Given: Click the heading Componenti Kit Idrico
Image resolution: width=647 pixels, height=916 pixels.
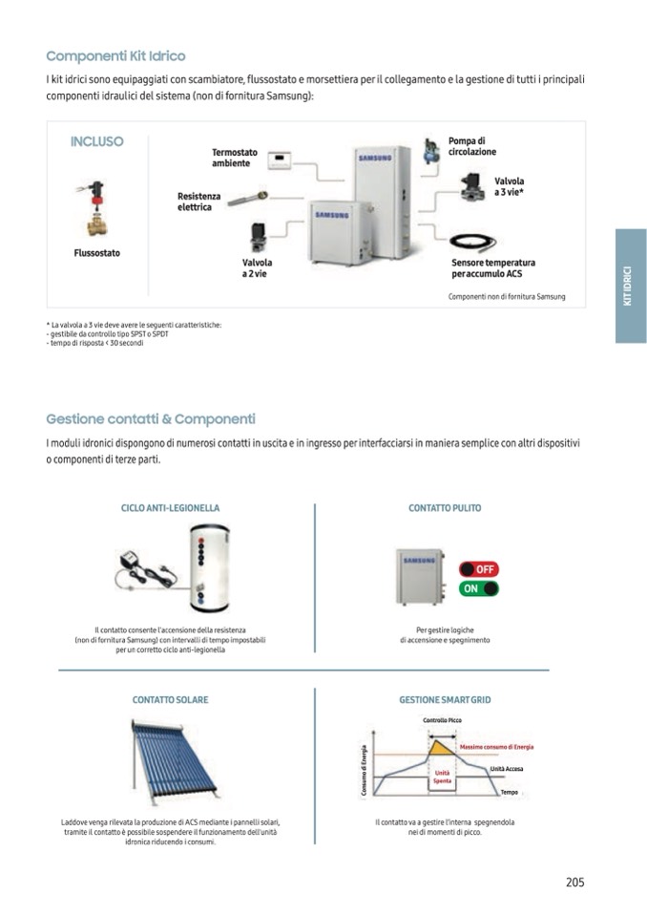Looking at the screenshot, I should click(x=115, y=56).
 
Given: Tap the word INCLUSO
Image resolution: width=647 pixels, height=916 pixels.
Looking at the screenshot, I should click(x=96, y=141).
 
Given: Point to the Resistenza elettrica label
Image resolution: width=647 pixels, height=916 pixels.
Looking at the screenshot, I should click(x=198, y=202).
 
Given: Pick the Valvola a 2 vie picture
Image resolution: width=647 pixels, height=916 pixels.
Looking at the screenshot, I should click(x=258, y=236).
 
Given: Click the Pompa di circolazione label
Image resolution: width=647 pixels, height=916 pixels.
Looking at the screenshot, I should click(x=472, y=146).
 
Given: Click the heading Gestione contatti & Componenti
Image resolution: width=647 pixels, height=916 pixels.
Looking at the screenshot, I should click(x=151, y=418).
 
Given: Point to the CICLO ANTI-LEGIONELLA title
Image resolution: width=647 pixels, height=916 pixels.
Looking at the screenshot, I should click(x=171, y=508).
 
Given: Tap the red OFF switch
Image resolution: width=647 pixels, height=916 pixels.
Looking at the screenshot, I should click(x=479, y=569).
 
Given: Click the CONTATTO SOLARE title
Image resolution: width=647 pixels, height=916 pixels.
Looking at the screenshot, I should click(x=170, y=700).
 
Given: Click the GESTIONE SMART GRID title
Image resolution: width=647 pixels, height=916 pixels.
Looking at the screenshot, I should click(x=445, y=700).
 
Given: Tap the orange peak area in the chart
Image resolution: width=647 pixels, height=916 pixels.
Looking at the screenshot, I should click(x=442, y=746).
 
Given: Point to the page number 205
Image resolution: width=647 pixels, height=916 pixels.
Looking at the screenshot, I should click(x=574, y=883).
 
